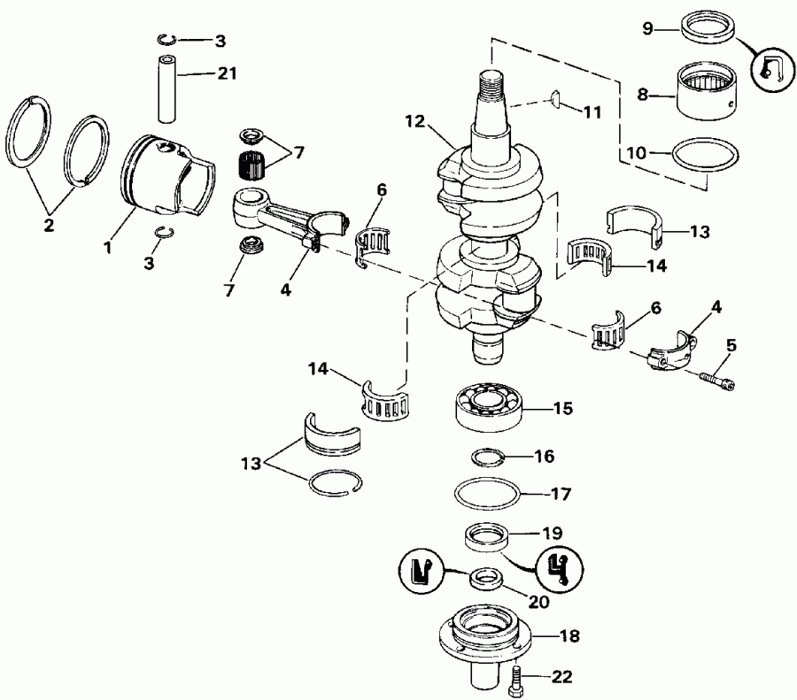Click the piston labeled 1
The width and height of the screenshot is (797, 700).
pos(164,177)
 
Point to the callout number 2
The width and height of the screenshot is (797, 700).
pos(48,225)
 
